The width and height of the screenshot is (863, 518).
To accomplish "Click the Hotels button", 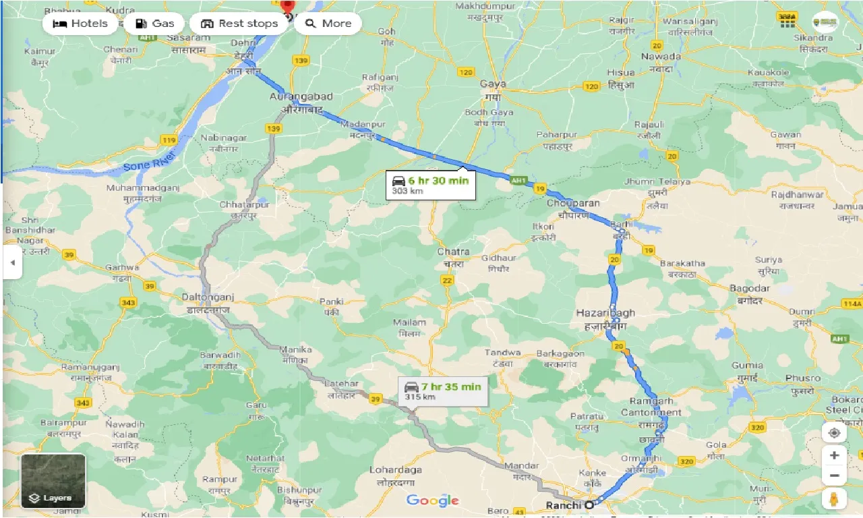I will click(80, 24).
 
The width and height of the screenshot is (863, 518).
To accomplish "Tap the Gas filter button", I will click(154, 24).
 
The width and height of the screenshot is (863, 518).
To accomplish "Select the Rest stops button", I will click(239, 24).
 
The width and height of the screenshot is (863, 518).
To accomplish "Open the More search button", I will click(328, 24).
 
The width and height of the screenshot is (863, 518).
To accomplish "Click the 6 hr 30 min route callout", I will click(431, 185).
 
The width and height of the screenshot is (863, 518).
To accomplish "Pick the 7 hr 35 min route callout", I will click(444, 391).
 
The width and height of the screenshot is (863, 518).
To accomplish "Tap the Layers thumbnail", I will click(53, 481).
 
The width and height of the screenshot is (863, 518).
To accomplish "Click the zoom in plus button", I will click(834, 455).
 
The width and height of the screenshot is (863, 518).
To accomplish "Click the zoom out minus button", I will click(834, 477).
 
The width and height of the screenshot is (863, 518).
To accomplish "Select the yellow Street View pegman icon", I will click(834, 499).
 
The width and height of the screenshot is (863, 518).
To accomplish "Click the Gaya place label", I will click(493, 84).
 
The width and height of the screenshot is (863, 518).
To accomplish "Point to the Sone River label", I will click(149, 161).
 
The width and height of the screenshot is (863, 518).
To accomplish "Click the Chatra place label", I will click(453, 252).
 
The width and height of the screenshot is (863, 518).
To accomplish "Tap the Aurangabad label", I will click(301, 97).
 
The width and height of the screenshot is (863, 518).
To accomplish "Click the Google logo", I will click(432, 500).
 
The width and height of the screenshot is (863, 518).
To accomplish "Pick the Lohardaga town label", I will click(396, 469).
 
